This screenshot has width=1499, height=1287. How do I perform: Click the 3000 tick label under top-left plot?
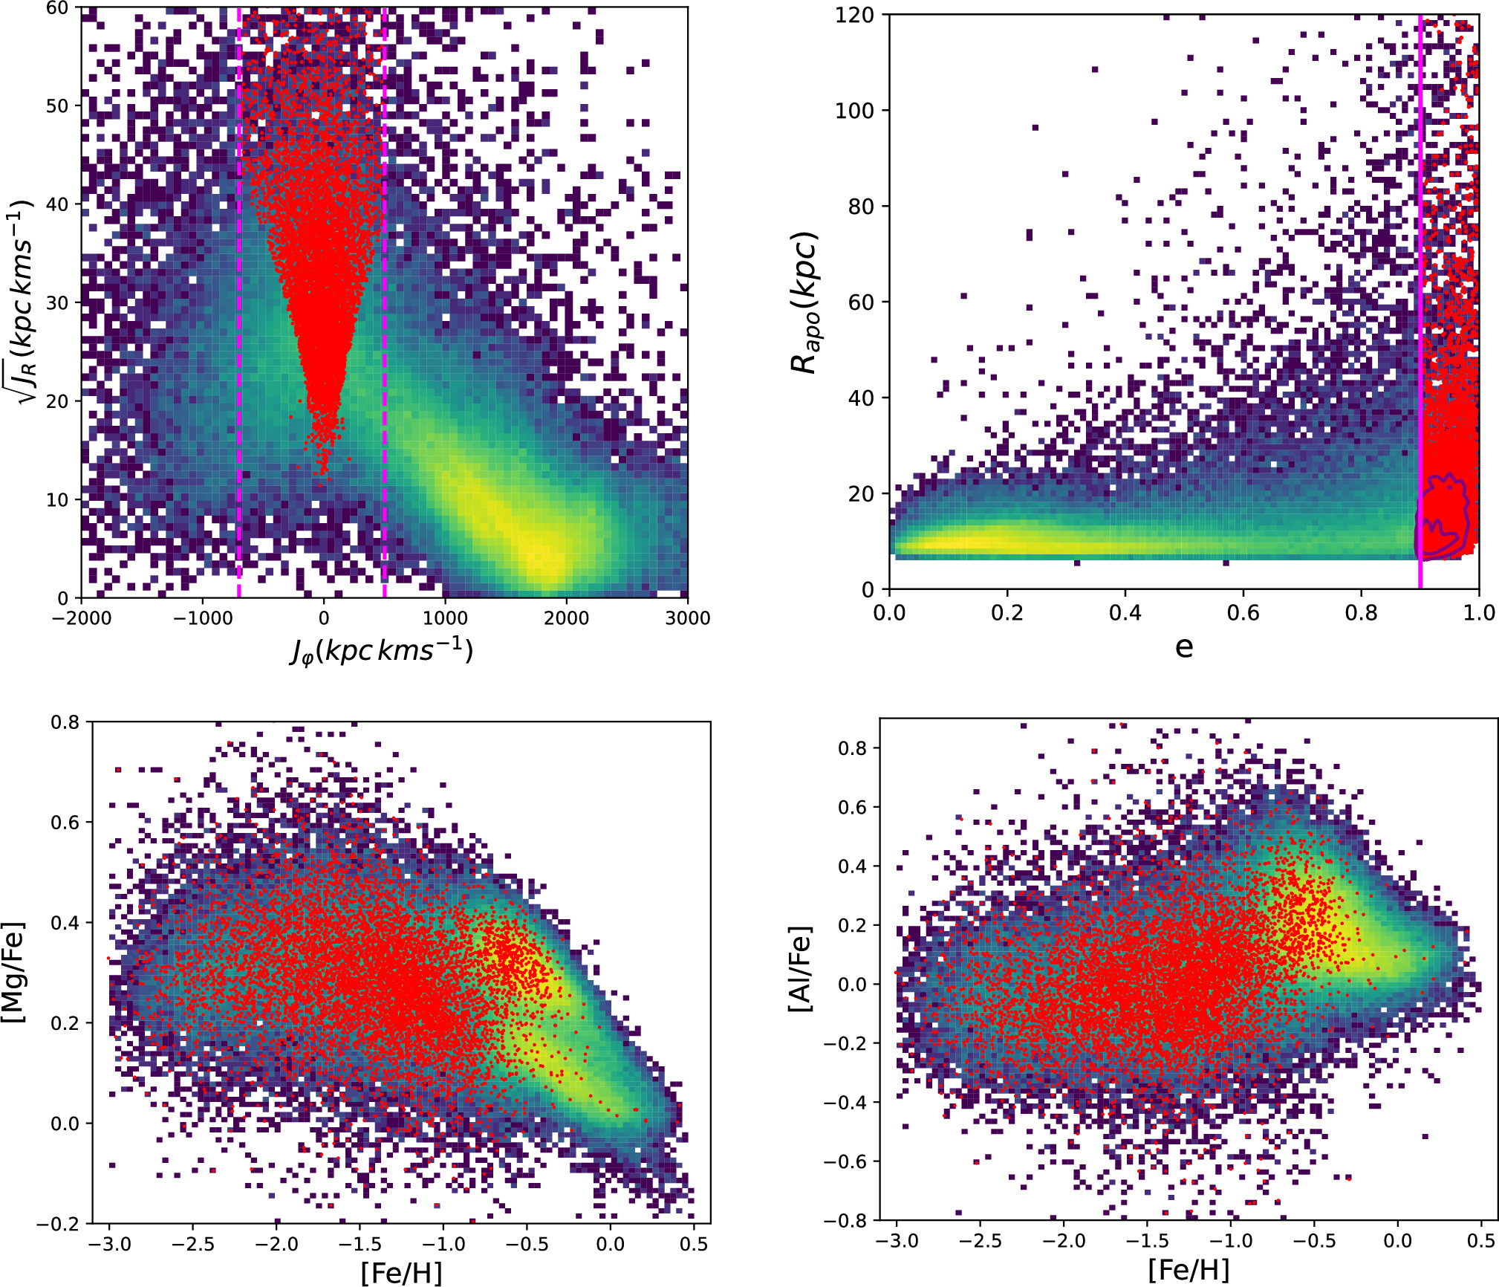[687, 618]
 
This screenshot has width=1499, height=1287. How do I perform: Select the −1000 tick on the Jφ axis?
[202, 618]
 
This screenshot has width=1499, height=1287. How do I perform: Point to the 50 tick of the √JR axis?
[56, 106]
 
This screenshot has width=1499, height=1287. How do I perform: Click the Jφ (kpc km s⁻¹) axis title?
[382, 651]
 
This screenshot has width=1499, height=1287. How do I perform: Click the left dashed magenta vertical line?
[239, 297]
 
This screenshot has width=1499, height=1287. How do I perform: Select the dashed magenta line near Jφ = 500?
[384, 297]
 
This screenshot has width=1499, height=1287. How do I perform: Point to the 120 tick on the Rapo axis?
[854, 15]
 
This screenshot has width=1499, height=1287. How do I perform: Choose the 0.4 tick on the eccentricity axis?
[1125, 613]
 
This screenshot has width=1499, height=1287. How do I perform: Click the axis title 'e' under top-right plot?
[1184, 648]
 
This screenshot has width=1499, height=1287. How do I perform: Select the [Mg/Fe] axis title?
[15, 973]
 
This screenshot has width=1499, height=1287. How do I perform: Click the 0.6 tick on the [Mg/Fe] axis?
[65, 823]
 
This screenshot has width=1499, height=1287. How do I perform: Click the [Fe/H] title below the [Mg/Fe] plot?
[401, 1273]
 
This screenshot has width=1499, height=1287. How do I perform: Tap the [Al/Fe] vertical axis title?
[801, 969]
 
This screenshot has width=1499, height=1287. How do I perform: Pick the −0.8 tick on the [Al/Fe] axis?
[845, 1220]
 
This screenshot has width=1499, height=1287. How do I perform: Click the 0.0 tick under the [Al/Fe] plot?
[1397, 1242]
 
